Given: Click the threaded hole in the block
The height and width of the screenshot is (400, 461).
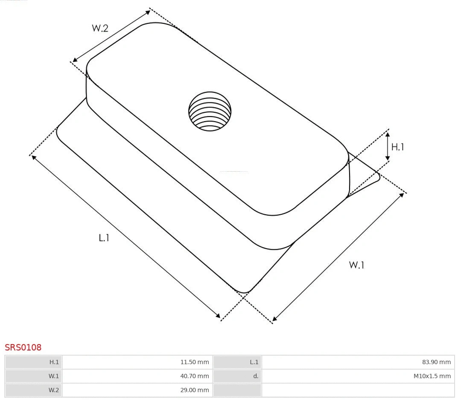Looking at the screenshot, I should click(210, 111).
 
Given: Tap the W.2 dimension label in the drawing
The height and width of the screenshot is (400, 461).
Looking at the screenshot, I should click(100, 28).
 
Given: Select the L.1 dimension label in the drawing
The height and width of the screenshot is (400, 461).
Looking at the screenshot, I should click(104, 238).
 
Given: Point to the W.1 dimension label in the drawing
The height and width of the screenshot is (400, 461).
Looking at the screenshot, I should click(356, 265).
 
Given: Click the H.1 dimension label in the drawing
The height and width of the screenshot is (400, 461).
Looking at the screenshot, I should click(397, 147).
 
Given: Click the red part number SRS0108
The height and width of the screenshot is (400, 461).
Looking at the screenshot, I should click(23, 347).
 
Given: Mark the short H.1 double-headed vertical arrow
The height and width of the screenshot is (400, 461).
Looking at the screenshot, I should click(387, 146).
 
